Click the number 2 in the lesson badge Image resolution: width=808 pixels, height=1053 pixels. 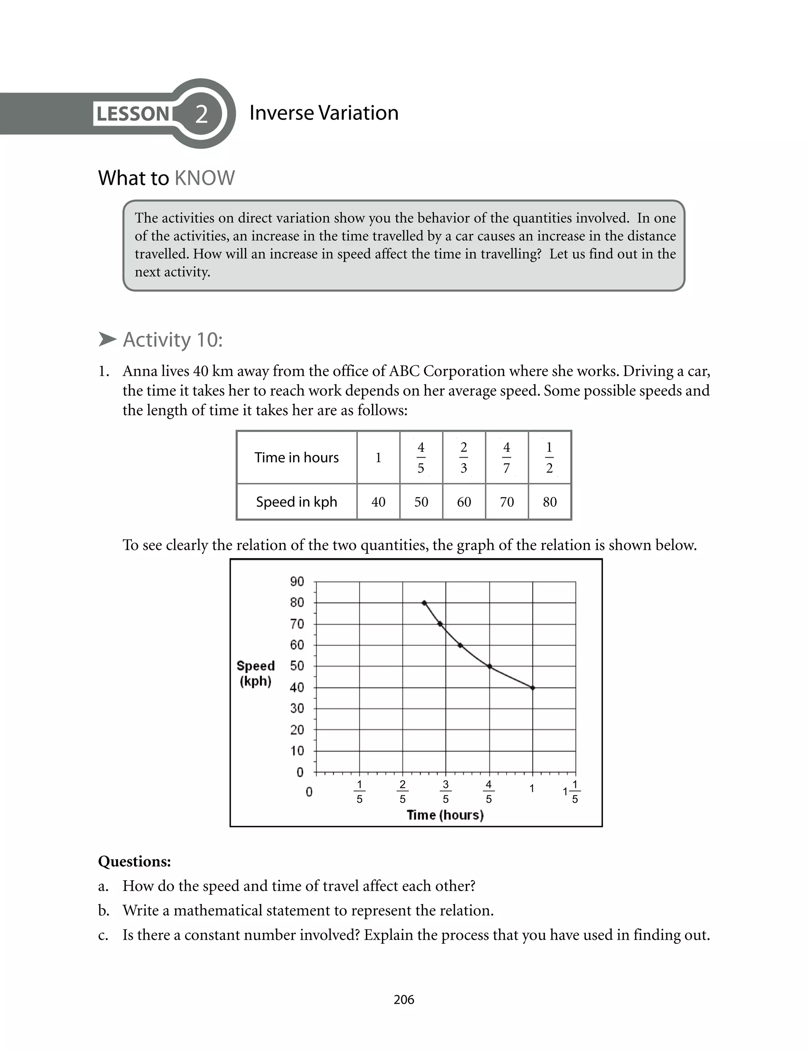(202, 114)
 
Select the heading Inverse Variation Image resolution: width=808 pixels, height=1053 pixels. (324, 113)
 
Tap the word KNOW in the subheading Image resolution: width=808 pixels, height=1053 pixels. (204, 178)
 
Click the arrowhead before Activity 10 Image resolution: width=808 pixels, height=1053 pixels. (107, 339)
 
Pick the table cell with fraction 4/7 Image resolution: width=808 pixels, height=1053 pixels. (507, 457)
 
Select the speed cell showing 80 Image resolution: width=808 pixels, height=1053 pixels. (549, 502)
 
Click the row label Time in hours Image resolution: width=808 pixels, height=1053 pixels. (296, 457)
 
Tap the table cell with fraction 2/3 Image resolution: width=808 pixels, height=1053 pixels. (464, 457)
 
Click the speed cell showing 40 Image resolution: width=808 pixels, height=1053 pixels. (378, 502)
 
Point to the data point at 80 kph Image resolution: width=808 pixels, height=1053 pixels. (424, 603)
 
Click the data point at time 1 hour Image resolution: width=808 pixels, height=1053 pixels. (532, 688)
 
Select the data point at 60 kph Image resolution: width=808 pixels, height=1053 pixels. (460, 645)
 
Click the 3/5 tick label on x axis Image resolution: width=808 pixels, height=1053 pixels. (445, 791)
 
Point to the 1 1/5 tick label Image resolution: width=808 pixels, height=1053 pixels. (572, 791)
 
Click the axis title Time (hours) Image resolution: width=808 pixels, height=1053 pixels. (445, 815)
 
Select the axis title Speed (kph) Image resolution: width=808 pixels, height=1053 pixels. (255, 673)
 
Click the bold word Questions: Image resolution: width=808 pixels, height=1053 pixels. (134, 861)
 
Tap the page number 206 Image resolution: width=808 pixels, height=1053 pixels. (404, 1000)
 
